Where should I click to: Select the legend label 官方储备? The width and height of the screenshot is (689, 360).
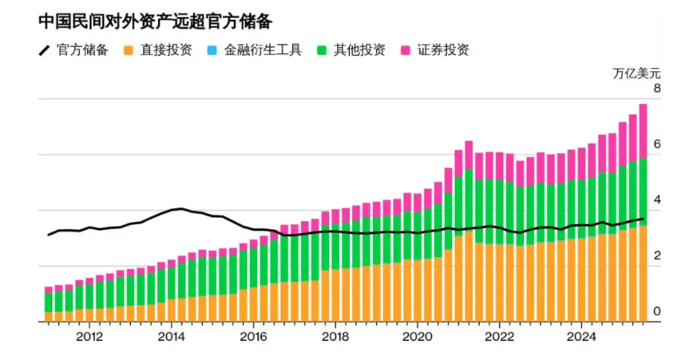82,50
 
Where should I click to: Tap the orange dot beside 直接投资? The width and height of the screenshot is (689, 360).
128,50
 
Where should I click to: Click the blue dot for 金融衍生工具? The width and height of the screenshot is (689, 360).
212,50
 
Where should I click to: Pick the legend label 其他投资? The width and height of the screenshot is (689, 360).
360,50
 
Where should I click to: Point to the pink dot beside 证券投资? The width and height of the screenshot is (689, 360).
405,50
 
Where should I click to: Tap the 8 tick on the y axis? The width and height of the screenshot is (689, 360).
656,88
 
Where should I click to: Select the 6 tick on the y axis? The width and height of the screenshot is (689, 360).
656,144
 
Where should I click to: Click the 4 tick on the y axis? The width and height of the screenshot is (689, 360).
656,200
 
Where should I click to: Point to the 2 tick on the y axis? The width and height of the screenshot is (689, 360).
656,256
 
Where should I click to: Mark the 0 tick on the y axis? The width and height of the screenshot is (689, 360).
656,311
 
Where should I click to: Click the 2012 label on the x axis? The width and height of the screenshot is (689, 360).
89,337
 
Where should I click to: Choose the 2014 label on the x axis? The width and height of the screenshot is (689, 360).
171,337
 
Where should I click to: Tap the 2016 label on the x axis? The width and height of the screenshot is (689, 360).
253,337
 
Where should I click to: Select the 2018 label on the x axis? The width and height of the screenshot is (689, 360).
335,337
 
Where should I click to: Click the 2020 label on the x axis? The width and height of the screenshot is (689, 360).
417,337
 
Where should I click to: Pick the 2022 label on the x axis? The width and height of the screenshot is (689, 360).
499,337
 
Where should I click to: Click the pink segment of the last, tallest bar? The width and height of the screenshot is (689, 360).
643,131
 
